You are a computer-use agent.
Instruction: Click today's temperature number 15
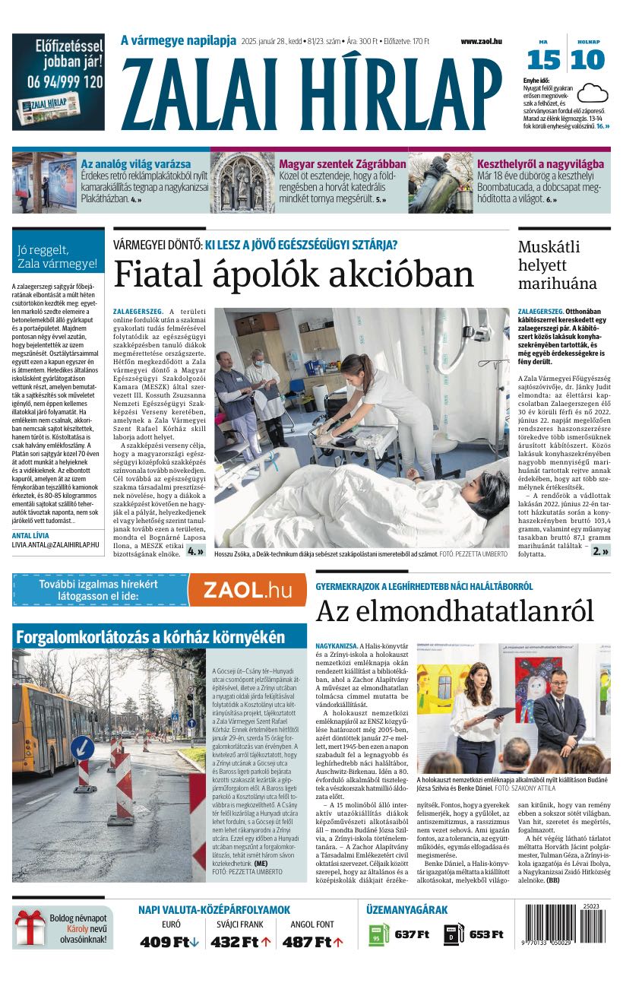click(x=543, y=60)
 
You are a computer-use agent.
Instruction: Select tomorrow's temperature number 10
click(x=588, y=60)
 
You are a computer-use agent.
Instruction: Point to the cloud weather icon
click(x=592, y=93)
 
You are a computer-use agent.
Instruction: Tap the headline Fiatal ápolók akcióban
click(x=293, y=274)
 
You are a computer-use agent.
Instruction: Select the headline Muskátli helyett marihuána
click(x=558, y=265)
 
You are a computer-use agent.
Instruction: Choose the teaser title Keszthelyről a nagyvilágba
click(x=540, y=163)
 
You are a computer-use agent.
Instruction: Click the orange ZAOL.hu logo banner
click(x=246, y=589)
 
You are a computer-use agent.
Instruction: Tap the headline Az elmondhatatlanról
click(x=454, y=610)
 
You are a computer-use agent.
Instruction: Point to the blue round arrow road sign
click(x=82, y=747)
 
